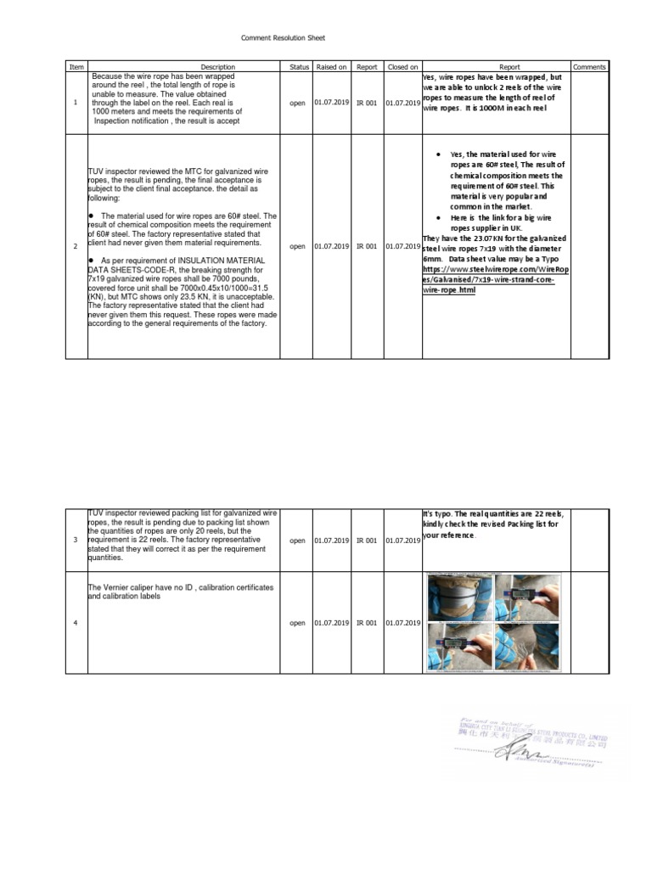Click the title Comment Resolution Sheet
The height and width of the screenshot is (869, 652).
tap(283, 38)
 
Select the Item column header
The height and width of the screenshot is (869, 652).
tap(76, 66)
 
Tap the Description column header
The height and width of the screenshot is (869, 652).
tap(217, 66)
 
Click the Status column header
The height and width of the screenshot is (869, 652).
tap(299, 66)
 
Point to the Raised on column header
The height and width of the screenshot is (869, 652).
tap(331, 66)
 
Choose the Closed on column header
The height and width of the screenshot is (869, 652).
tap(402, 66)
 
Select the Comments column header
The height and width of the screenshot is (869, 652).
tap(589, 66)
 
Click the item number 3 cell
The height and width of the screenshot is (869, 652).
tap(76, 541)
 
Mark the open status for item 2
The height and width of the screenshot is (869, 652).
tap(297, 247)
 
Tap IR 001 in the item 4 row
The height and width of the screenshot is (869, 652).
tap(367, 623)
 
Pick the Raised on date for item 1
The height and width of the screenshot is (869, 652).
tap(331, 104)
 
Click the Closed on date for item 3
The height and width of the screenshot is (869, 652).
tap(402, 541)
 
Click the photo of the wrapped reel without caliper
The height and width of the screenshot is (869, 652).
tap(458, 597)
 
